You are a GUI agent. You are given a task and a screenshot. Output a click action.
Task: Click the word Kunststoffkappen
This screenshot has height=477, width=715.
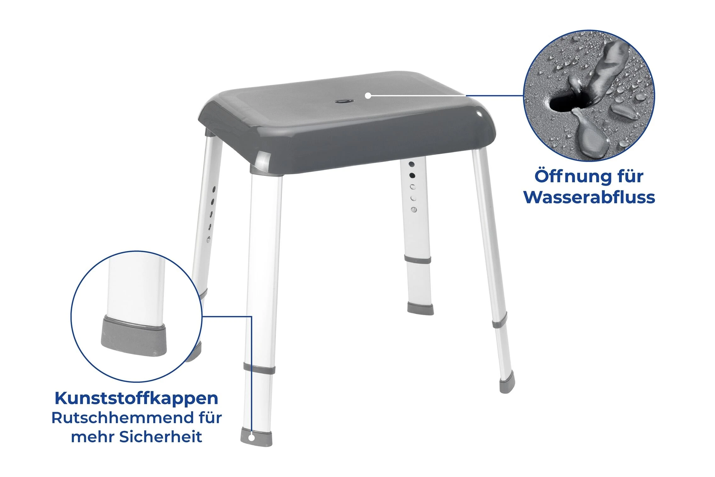[136, 399]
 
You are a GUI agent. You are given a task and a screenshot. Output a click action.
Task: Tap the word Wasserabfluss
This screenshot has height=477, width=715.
[589, 197]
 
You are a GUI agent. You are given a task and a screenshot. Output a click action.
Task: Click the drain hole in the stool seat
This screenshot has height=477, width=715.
[343, 101]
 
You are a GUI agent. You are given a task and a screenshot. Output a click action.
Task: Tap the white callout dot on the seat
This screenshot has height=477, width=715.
[368, 95]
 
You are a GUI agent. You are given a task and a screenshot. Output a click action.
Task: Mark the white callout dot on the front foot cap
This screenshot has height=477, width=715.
[251, 438]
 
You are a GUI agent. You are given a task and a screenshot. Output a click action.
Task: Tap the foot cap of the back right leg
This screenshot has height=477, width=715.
[420, 309]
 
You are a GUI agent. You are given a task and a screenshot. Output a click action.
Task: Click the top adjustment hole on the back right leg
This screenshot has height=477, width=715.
[412, 164]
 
